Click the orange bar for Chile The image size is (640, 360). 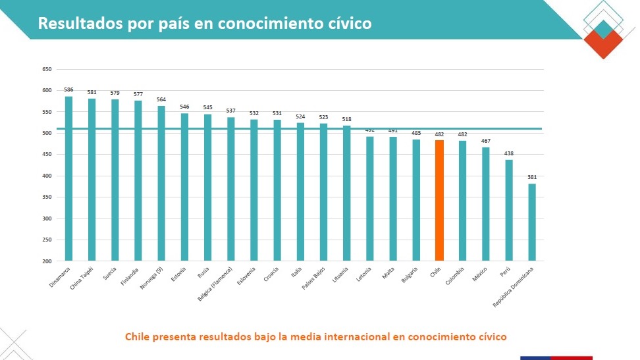click(x=439, y=200)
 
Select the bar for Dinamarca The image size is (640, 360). click(x=68, y=178)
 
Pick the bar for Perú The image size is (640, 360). click(x=509, y=210)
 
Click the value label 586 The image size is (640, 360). click(x=68, y=90)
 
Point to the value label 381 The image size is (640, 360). click(x=532, y=177)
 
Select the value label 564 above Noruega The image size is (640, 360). click(x=161, y=99)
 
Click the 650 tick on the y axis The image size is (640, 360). click(x=46, y=69)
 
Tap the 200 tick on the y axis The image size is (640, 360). click(x=46, y=261)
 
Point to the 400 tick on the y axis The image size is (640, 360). click(x=46, y=176)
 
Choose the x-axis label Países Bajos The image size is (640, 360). click(x=315, y=278)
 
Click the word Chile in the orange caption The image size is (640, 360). click(x=139, y=336)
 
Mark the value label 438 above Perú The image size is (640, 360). click(x=509, y=153)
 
